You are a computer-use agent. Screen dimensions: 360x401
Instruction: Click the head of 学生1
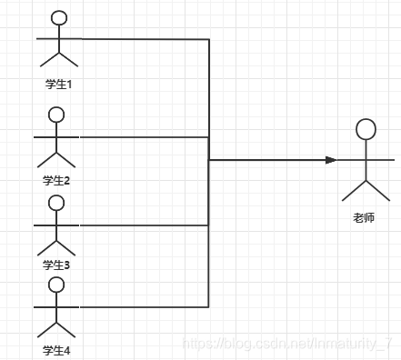[x=59, y=18]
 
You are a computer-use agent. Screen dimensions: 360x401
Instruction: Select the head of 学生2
[x=56, y=115]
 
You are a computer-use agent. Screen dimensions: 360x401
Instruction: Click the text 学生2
[x=56, y=180]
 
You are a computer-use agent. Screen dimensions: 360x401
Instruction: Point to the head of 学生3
[x=56, y=203]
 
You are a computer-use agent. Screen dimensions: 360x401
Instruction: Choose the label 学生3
[x=56, y=265]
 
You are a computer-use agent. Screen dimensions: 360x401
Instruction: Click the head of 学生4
[x=56, y=285]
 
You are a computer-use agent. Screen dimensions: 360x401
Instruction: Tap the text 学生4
[x=56, y=350]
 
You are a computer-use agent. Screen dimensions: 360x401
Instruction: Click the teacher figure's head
[x=366, y=128]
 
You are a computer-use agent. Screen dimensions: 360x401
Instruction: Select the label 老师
[x=365, y=218]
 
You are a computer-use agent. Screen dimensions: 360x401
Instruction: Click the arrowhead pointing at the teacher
[x=331, y=160]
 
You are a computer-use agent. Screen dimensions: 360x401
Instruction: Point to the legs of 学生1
[x=59, y=59]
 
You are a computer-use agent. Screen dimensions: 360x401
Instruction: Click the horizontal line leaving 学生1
[x=145, y=39]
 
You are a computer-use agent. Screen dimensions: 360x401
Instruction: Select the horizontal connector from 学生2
[x=145, y=137]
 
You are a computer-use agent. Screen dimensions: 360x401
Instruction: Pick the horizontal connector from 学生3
[x=145, y=225]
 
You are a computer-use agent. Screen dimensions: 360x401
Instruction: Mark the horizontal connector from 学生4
[x=145, y=306]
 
